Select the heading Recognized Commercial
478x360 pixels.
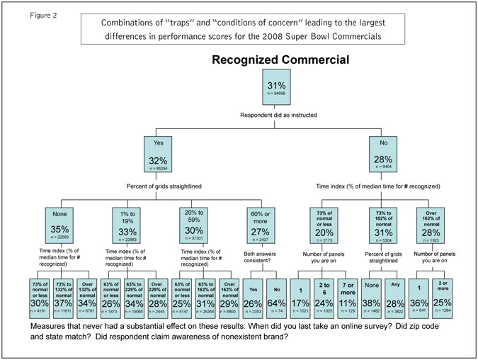pos(280,60)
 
